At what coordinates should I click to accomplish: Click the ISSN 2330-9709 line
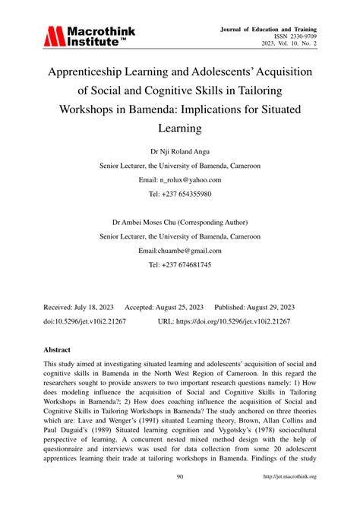(x=295, y=36)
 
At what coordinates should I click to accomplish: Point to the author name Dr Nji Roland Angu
(x=180, y=150)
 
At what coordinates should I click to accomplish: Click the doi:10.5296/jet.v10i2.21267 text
(x=87, y=321)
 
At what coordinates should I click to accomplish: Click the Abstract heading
(x=58, y=350)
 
